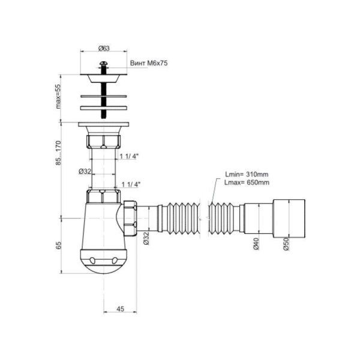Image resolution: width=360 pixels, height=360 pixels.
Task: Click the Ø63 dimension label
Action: click(x=104, y=49)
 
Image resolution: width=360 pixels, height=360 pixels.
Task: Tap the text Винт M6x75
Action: click(x=149, y=63)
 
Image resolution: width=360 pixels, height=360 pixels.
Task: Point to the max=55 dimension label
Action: click(x=59, y=97)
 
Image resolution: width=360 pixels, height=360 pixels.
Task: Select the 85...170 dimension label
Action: click(x=59, y=153)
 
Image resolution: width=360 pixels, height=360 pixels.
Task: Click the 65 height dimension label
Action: click(x=59, y=245)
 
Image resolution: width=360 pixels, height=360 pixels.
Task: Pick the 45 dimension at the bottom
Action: click(x=120, y=309)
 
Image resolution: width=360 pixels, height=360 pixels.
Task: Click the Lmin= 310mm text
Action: click(x=247, y=174)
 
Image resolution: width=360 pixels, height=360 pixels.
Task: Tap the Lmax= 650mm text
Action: click(x=247, y=182)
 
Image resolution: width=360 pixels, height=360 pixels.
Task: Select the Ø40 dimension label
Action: click(x=256, y=244)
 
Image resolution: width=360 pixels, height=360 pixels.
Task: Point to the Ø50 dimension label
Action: click(x=286, y=244)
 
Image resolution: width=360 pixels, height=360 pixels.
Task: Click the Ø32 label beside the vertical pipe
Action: click(x=85, y=171)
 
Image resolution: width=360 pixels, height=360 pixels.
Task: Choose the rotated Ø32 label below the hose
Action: click(x=146, y=238)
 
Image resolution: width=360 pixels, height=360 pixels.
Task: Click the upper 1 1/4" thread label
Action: click(x=129, y=157)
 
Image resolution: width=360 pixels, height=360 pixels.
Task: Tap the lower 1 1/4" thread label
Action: click(x=131, y=184)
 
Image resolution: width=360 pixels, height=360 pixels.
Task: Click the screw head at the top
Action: click(x=104, y=63)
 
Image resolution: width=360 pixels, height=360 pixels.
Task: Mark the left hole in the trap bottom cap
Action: click(x=92, y=260)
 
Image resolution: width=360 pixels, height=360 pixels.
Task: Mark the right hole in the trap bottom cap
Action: click(x=115, y=260)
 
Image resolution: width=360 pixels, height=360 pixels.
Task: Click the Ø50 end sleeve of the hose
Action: click(x=289, y=219)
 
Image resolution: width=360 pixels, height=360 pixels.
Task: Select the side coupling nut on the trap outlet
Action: click(x=130, y=218)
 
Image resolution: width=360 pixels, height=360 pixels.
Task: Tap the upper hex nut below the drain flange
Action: click(x=104, y=142)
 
